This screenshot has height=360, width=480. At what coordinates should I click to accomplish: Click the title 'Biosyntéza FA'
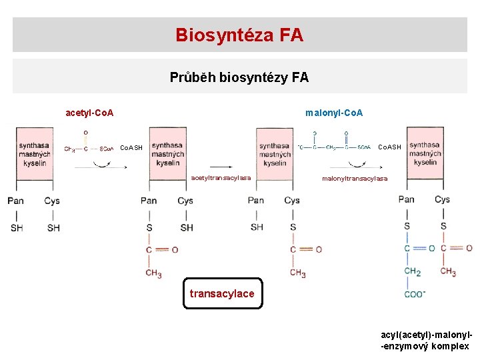pos(239,35)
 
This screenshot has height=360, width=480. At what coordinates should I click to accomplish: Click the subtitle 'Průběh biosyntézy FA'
pos(239,77)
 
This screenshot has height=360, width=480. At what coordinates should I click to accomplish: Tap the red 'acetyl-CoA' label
pos(89,113)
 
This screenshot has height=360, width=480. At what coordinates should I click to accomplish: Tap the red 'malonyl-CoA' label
pos(334,113)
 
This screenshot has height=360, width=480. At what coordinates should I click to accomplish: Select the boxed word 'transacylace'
pos(222,294)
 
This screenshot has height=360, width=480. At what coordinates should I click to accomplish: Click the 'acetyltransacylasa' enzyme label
pos(221,178)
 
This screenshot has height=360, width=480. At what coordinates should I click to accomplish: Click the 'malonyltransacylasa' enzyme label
pos(355,179)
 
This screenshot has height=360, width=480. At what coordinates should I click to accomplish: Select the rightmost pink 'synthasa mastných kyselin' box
pos(425,154)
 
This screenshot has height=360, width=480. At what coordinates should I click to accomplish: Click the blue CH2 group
pos(412,271)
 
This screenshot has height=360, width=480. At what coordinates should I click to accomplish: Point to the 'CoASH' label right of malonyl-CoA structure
pos(389,147)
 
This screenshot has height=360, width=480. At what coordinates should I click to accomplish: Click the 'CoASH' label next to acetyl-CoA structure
pos(130,147)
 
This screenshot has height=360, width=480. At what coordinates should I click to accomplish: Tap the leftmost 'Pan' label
pos(16,201)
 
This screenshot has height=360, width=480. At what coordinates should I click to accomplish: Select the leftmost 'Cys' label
pos(52,201)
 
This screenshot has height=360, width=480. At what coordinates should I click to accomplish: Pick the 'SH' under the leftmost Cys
pos(53,228)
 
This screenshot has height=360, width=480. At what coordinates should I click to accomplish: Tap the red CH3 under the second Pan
pos(153,273)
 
